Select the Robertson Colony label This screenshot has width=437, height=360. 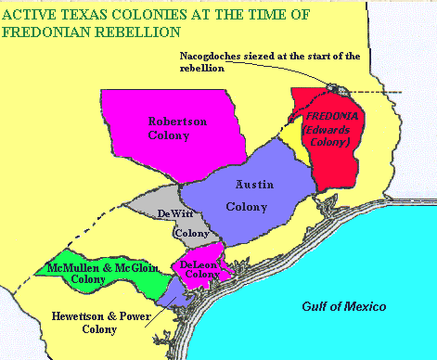(x=168, y=127)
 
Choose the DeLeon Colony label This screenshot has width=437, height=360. (x=198, y=271)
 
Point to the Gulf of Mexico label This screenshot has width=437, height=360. (x=343, y=306)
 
